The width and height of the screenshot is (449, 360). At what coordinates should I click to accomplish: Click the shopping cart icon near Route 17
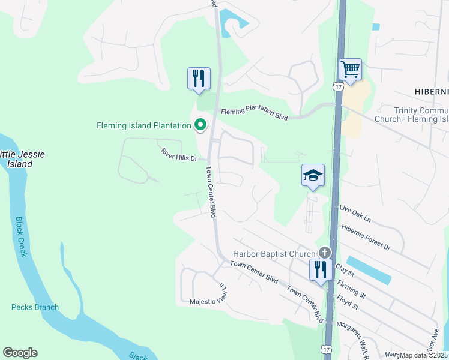point(350,69)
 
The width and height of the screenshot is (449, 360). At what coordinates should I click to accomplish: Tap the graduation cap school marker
point(313,175)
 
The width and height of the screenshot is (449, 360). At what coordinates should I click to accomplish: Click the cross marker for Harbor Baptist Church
point(325,253)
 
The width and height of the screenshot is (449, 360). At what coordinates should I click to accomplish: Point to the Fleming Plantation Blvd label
point(255,112)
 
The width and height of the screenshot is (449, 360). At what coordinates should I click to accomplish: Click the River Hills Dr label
point(179,155)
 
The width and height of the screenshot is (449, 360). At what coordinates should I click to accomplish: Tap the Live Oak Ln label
point(356,209)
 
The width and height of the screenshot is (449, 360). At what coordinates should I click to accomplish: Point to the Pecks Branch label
point(35,307)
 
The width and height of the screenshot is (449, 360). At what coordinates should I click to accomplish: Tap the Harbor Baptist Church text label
point(274,254)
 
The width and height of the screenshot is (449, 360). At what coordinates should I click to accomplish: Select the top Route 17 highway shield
point(339,87)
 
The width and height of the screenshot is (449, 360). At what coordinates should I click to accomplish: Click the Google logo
point(20,353)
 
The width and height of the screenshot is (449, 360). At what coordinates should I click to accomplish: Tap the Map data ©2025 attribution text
point(424,355)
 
